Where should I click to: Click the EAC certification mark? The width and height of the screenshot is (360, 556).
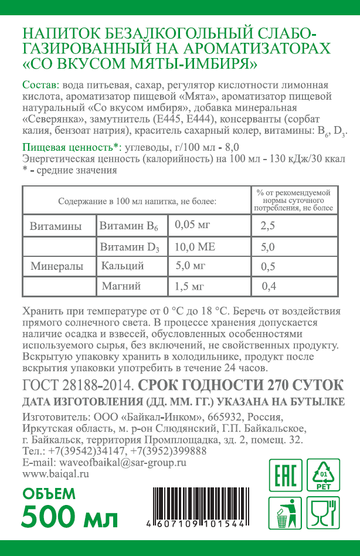pyautogui.click(x=285, y=475)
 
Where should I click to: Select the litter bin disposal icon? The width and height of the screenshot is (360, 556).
pyautogui.click(x=285, y=511)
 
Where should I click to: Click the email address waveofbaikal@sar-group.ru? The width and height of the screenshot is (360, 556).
pyautogui.click(x=103, y=462)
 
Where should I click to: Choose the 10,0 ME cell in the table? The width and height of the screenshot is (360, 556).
pyautogui.click(x=195, y=247)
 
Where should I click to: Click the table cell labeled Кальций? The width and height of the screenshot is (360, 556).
pyautogui.click(x=123, y=266)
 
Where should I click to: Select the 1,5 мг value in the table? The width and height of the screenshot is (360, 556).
pyautogui.click(x=189, y=286)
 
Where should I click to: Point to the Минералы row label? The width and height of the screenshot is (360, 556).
pyautogui.click(x=57, y=266)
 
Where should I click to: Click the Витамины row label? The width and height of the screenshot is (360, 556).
pyautogui.click(x=56, y=226)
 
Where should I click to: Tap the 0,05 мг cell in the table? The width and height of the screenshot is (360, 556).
pyautogui.click(x=193, y=225)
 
